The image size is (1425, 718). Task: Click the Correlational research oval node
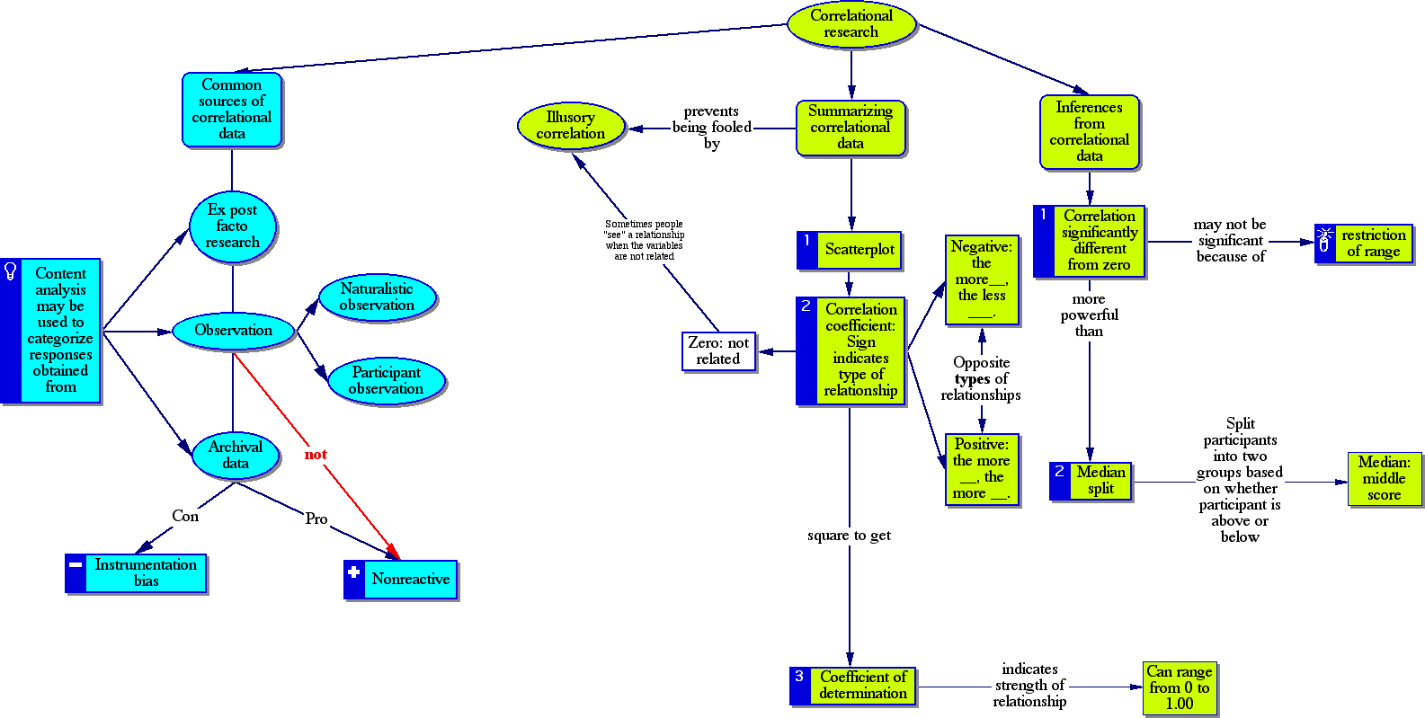point(851,24)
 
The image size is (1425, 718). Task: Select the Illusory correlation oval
point(571,126)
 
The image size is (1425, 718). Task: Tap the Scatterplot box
point(859,250)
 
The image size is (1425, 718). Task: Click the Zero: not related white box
point(718,350)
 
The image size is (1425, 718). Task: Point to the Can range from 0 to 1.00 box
point(1180,687)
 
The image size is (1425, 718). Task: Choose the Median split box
point(1100,481)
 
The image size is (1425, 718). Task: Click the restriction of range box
point(1373,244)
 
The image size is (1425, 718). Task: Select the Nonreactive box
point(410,580)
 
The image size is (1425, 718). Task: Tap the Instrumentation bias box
point(146,573)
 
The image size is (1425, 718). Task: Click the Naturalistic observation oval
point(378,297)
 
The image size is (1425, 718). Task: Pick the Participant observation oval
point(386,381)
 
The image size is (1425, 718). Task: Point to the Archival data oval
point(235,456)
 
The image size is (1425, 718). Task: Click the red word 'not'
point(316,455)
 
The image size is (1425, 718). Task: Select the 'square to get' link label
point(849,536)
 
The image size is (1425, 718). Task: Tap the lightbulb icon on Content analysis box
point(11,270)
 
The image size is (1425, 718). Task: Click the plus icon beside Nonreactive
point(353,572)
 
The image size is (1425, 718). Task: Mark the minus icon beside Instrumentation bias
point(76,565)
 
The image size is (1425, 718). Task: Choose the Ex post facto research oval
point(233,226)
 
